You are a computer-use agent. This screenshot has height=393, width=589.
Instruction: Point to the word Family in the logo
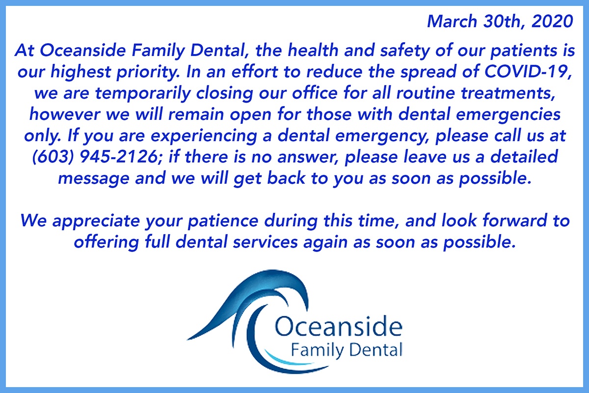[x=313, y=350]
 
